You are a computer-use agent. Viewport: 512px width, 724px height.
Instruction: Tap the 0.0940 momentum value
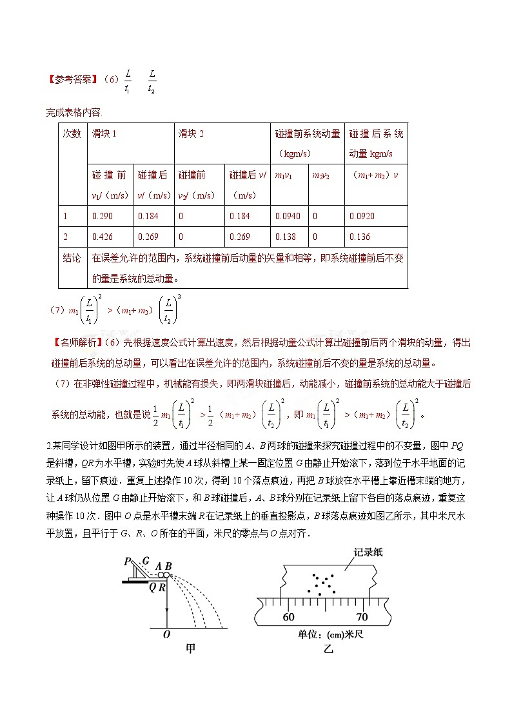(286, 217)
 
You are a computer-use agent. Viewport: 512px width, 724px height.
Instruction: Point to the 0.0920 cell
(362, 217)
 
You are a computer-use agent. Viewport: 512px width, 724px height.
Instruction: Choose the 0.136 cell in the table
(360, 237)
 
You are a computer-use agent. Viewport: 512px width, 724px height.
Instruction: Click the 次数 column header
(72, 134)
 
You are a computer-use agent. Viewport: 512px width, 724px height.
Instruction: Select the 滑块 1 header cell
(104, 134)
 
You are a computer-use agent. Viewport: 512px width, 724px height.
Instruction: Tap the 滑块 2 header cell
(191, 134)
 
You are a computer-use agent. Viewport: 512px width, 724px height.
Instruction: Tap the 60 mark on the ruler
(290, 616)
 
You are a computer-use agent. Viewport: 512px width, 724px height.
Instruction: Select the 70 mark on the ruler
(362, 616)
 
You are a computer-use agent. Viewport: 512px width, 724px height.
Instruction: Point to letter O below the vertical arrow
(166, 634)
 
